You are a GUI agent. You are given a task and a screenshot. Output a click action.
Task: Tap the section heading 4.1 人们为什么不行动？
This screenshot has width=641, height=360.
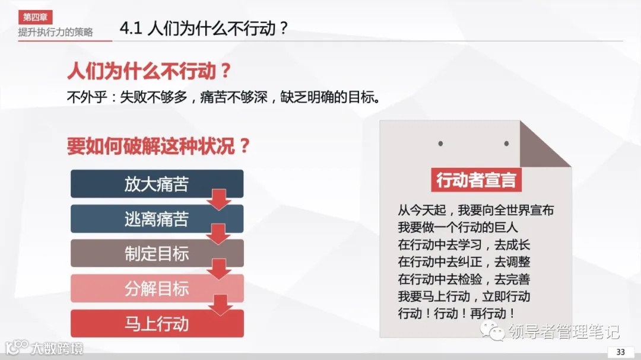pyautogui.click(x=203, y=29)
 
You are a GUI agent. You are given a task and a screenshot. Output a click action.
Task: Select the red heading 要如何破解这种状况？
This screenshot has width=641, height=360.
pyautogui.click(x=158, y=146)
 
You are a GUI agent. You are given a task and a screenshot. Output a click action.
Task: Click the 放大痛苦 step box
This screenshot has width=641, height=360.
pyautogui.click(x=157, y=184)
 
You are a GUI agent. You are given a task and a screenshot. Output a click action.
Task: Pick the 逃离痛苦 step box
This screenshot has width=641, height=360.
pyautogui.click(x=157, y=219)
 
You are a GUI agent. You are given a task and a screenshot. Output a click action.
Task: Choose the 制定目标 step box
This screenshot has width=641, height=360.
pyautogui.click(x=157, y=254)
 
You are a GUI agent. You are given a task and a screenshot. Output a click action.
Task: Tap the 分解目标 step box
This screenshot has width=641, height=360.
pyautogui.click(x=157, y=289)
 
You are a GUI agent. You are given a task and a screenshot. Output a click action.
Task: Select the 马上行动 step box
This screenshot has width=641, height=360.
pyautogui.click(x=157, y=324)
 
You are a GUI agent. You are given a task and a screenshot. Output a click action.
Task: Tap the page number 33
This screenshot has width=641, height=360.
pyautogui.click(x=621, y=352)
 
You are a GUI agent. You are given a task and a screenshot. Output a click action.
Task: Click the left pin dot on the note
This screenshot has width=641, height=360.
pyautogui.click(x=440, y=144)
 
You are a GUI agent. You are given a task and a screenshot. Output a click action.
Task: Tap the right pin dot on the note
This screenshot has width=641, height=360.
pyautogui.click(x=506, y=144)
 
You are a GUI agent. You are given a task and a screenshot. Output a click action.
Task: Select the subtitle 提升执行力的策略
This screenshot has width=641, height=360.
pyautogui.click(x=55, y=32)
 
